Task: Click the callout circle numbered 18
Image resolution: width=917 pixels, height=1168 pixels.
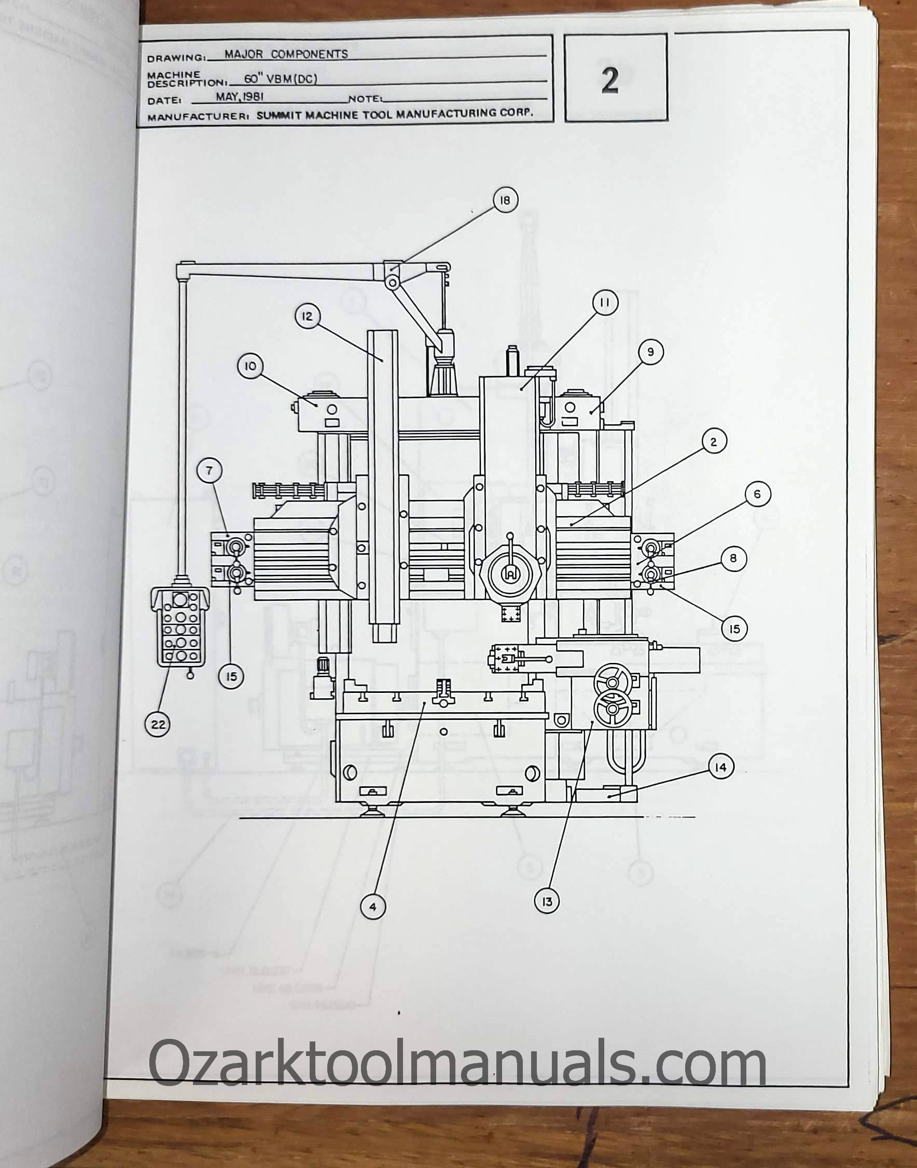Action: pyautogui.click(x=505, y=200)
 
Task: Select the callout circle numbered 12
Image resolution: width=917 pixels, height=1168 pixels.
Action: pyautogui.click(x=307, y=316)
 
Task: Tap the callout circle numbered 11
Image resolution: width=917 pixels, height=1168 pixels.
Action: pyautogui.click(x=605, y=303)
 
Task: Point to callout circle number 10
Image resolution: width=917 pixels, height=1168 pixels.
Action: pyautogui.click(x=251, y=367)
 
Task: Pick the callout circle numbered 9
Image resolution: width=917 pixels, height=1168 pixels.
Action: pyautogui.click(x=650, y=352)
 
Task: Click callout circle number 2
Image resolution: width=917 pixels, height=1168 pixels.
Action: pyautogui.click(x=714, y=442)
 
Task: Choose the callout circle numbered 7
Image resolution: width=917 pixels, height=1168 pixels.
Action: pyautogui.click(x=210, y=471)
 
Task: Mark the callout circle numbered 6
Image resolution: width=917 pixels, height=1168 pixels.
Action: pyautogui.click(x=757, y=494)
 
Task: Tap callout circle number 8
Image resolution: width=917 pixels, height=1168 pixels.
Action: pyautogui.click(x=733, y=559)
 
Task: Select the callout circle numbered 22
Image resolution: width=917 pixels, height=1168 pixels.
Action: pyautogui.click(x=158, y=725)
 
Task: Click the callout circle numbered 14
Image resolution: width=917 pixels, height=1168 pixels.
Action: pyautogui.click(x=720, y=768)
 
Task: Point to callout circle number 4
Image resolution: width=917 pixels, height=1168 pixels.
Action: pyautogui.click(x=373, y=907)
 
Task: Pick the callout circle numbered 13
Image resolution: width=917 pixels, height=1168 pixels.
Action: pyautogui.click(x=547, y=901)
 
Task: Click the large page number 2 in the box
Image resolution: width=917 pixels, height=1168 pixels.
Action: pyautogui.click(x=610, y=81)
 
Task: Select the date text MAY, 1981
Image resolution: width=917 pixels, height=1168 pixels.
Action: pyautogui.click(x=240, y=97)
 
